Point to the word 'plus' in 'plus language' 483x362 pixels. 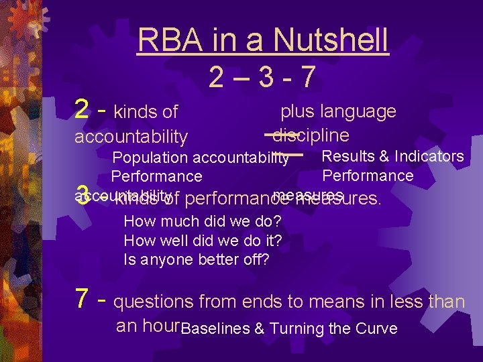pyautogui.click(x=297, y=111)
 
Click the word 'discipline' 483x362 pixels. pyautogui.click(x=311, y=135)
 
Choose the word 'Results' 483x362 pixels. pyautogui.click(x=349, y=156)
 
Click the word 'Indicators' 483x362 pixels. pyautogui.click(x=429, y=156)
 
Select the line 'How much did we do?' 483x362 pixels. pyautogui.click(x=202, y=221)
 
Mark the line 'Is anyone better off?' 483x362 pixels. pyautogui.click(x=197, y=259)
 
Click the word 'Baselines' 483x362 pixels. pyautogui.click(x=215, y=328)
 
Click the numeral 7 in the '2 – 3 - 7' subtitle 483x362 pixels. pyautogui.click(x=308, y=78)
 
